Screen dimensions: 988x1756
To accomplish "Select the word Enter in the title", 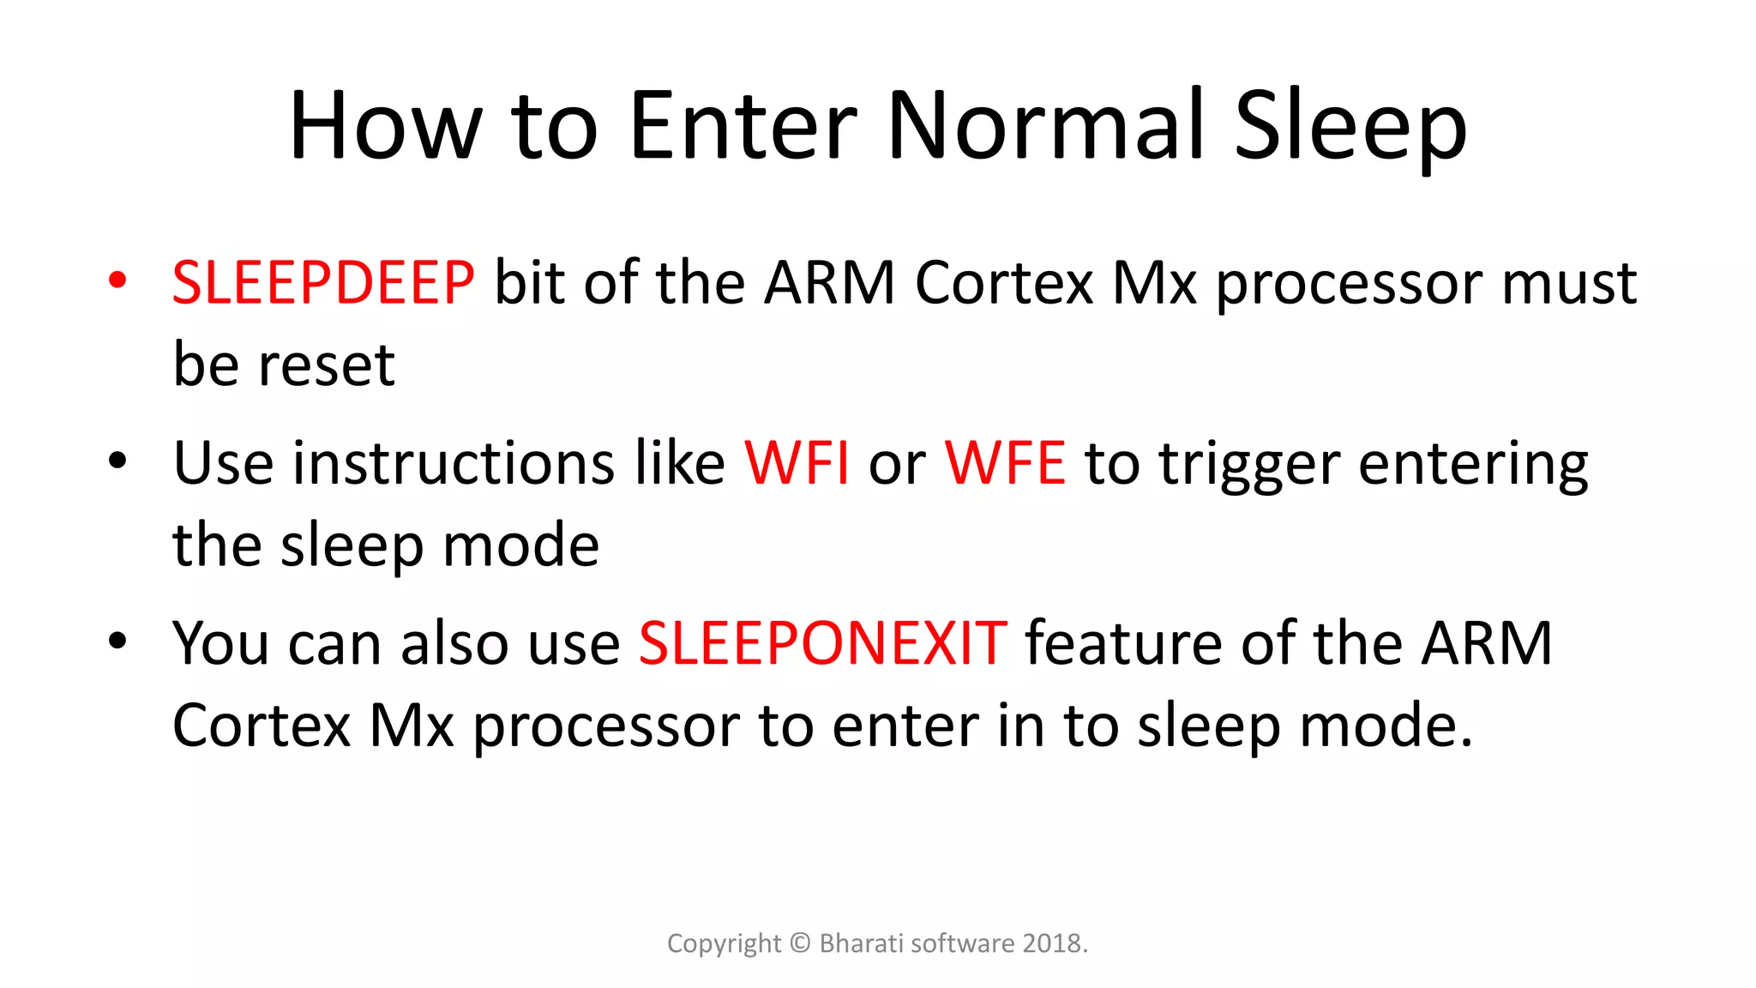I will tap(743, 126).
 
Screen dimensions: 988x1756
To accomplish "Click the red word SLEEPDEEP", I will tap(322, 282).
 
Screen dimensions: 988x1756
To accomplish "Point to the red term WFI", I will tap(797, 463).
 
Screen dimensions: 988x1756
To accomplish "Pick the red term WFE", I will tap(1005, 463).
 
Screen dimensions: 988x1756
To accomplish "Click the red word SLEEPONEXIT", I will tap(822, 643).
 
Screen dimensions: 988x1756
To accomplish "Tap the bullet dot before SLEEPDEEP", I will tap(117, 280).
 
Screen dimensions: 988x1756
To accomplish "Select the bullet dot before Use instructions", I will tap(117, 461).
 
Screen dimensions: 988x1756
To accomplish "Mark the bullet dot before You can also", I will tap(117, 641).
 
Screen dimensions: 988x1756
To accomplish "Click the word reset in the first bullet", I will tap(327, 365).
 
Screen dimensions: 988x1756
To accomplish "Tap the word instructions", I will tap(454, 463).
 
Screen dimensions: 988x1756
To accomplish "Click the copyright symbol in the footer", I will tap(799, 943).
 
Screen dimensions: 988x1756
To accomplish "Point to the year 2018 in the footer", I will tap(1051, 943).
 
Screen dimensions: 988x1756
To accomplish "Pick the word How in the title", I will tap(384, 126).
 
